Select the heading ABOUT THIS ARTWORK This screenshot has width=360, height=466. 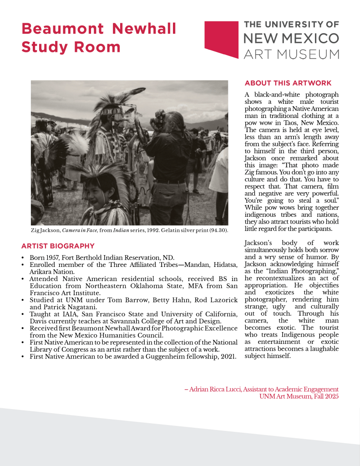click(x=288, y=83)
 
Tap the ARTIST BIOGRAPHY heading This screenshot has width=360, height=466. click(x=58, y=246)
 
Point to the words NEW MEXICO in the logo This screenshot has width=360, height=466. click(x=291, y=38)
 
